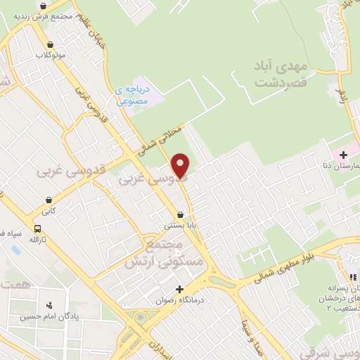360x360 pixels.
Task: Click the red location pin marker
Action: (181, 165)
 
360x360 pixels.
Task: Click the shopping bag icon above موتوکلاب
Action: (49, 44)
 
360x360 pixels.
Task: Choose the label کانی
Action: (48, 210)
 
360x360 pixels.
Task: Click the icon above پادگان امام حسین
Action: (49, 306)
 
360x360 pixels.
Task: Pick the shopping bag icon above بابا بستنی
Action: (181, 214)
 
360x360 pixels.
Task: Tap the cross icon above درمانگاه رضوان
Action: (180, 289)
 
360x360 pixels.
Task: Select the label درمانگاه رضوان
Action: (180, 300)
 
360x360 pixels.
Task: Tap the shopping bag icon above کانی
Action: (48, 199)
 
